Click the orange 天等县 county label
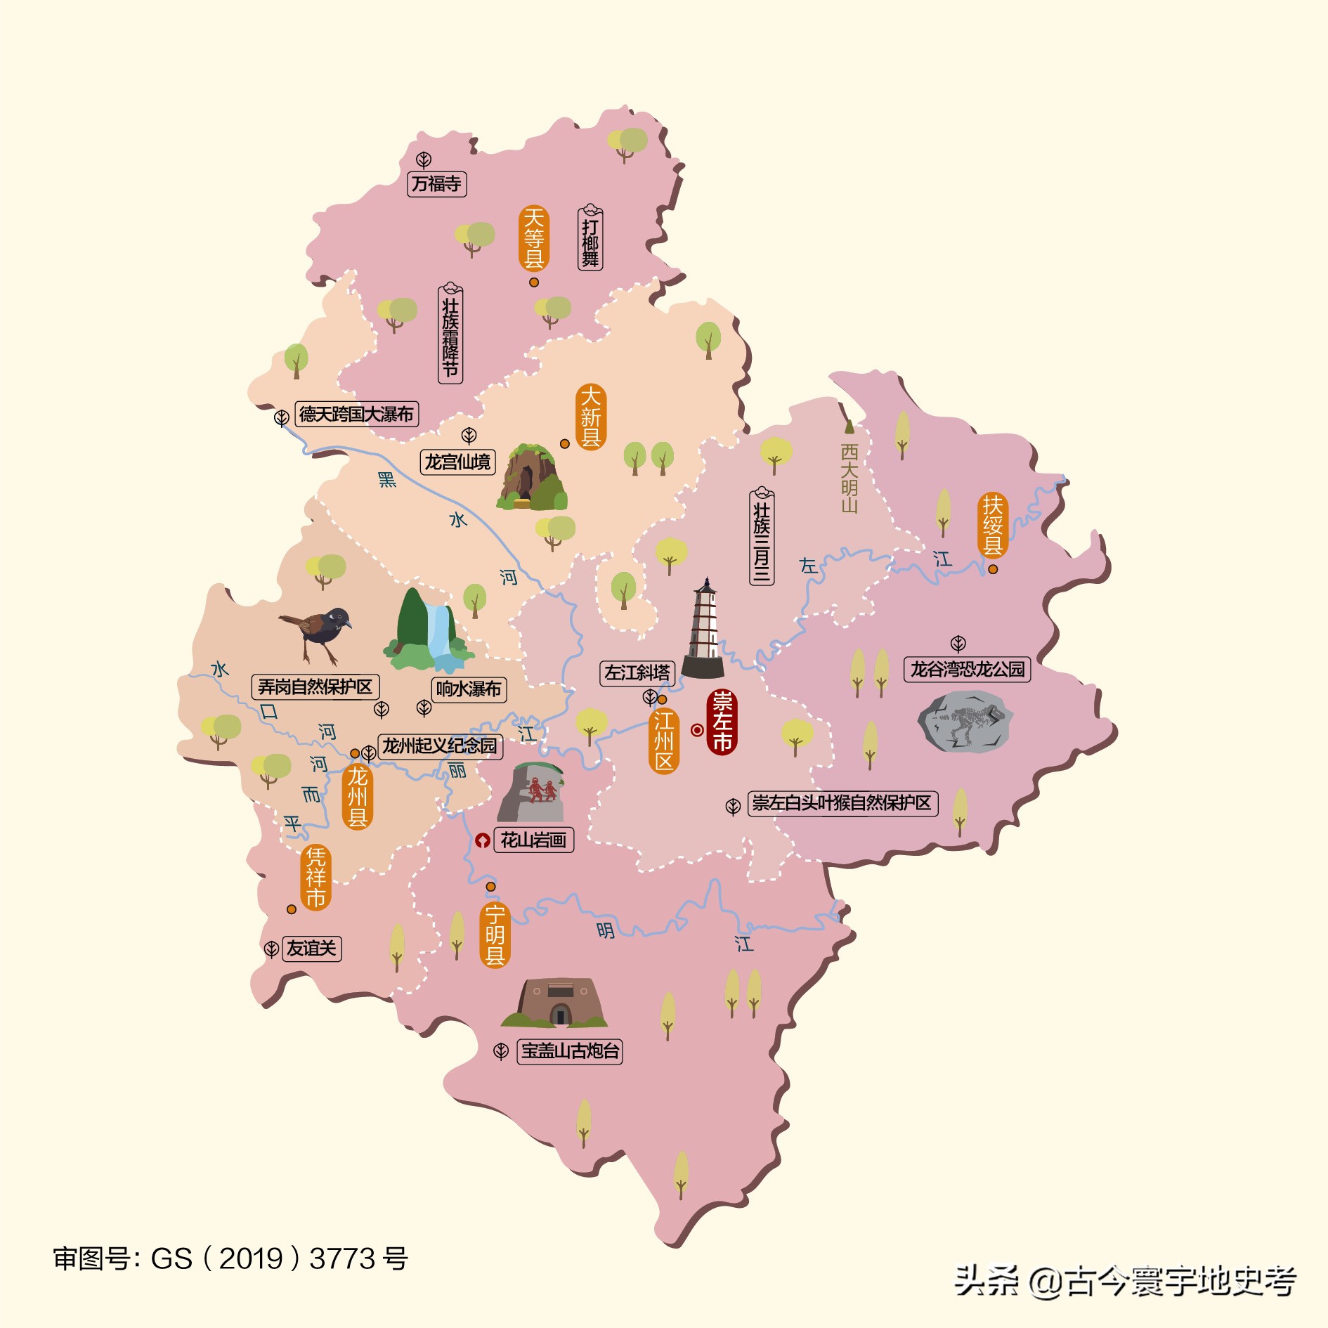(534, 239)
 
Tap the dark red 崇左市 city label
(722, 722)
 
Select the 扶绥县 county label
(992, 525)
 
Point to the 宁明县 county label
(495, 935)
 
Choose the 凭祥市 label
(315, 878)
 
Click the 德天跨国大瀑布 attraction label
(356, 414)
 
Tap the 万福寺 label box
(436, 184)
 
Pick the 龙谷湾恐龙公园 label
(967, 669)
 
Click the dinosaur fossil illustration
(964, 722)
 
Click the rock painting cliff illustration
(531, 792)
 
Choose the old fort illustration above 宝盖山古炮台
(555, 1003)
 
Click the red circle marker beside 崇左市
(696, 730)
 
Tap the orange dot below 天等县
(534, 282)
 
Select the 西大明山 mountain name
(849, 477)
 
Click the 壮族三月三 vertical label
(762, 538)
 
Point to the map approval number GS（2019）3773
(230, 1259)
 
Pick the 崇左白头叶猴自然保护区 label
(841, 803)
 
